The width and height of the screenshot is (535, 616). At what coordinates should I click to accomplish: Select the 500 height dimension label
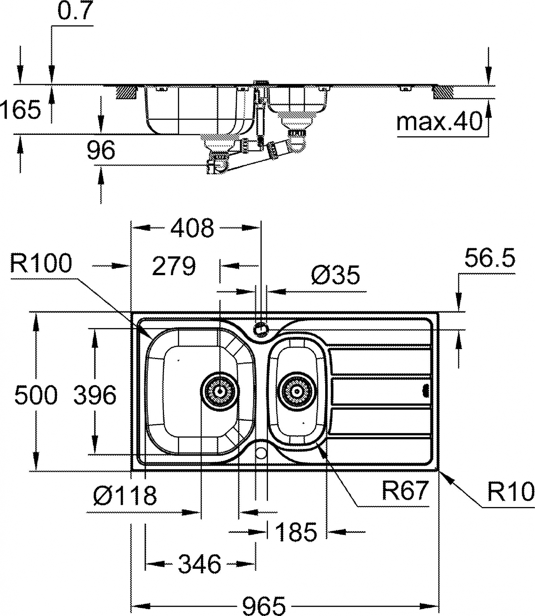click(36, 395)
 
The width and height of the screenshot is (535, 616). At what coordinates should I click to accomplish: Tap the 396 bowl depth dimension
click(95, 395)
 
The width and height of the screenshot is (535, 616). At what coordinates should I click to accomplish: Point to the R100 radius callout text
click(41, 264)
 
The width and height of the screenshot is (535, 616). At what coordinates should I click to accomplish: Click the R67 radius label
click(405, 491)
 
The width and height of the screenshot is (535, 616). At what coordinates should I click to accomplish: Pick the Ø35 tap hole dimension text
click(335, 275)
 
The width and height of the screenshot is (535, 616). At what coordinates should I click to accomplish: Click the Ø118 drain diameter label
click(125, 496)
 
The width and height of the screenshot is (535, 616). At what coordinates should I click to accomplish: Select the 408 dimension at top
click(193, 228)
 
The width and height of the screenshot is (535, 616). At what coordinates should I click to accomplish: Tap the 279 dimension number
click(174, 266)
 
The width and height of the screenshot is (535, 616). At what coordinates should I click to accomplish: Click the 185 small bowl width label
click(296, 531)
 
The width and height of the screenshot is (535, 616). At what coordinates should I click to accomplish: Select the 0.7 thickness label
click(76, 11)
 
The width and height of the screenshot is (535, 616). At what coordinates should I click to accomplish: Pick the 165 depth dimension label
click(21, 110)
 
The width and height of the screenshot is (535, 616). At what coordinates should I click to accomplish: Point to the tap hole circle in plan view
click(261, 329)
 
